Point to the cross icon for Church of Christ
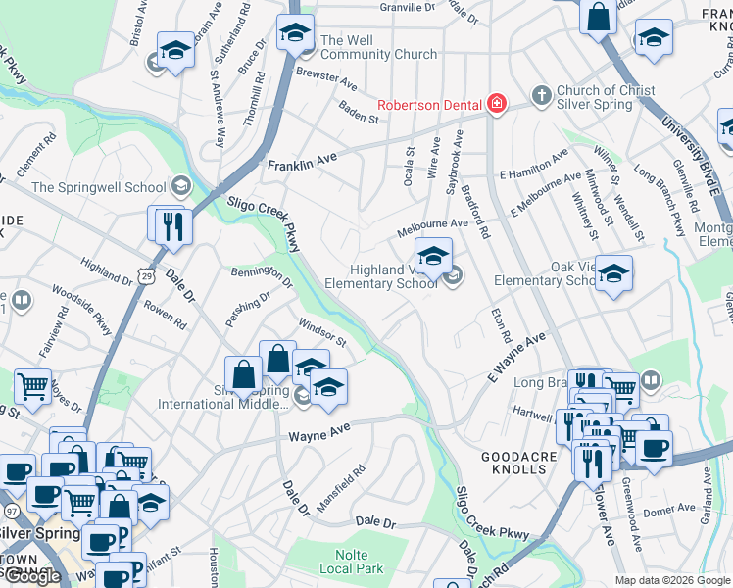pyautogui.click(x=539, y=96)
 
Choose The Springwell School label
pyautogui.click(x=99, y=187)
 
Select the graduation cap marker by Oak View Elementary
pyautogui.click(x=613, y=274)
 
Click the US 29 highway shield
pyautogui.click(x=145, y=268)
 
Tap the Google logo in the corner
pyautogui.click(x=31, y=576)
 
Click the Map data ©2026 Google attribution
pyautogui.click(x=672, y=580)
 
